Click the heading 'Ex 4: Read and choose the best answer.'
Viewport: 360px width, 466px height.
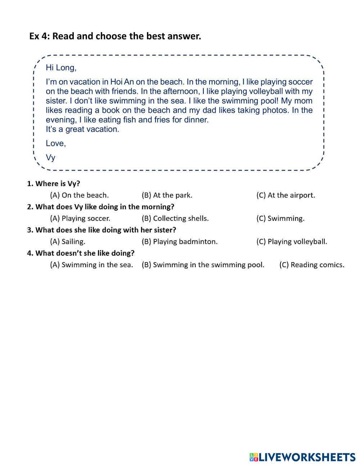[x=115, y=36]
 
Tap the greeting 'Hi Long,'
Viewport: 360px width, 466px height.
[x=61, y=68]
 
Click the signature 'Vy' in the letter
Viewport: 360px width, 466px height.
[x=50, y=157]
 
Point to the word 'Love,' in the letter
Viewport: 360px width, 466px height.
[x=56, y=143]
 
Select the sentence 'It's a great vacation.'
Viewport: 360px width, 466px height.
[x=82, y=129]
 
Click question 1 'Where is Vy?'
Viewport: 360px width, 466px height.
[x=54, y=184]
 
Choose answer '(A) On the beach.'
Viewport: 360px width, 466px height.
[x=79, y=195]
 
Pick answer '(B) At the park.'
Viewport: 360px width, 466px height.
[x=167, y=195]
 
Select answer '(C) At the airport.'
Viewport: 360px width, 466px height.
[x=285, y=195]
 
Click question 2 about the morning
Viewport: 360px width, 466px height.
[x=101, y=207]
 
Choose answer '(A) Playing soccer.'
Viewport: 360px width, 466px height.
[x=80, y=218]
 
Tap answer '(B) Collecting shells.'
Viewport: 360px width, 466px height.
[x=175, y=218]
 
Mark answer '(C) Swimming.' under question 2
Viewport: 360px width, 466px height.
[x=280, y=218]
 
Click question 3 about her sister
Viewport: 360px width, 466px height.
[x=102, y=230]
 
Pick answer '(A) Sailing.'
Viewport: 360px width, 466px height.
[x=68, y=241]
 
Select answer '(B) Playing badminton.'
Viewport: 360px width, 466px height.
[x=180, y=241]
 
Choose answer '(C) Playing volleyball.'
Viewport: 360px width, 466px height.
[x=292, y=241]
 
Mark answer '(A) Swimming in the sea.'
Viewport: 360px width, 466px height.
[x=91, y=265]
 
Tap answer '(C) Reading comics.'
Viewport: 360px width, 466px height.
[x=312, y=265]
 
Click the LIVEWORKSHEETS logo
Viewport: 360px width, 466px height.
[x=302, y=457]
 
